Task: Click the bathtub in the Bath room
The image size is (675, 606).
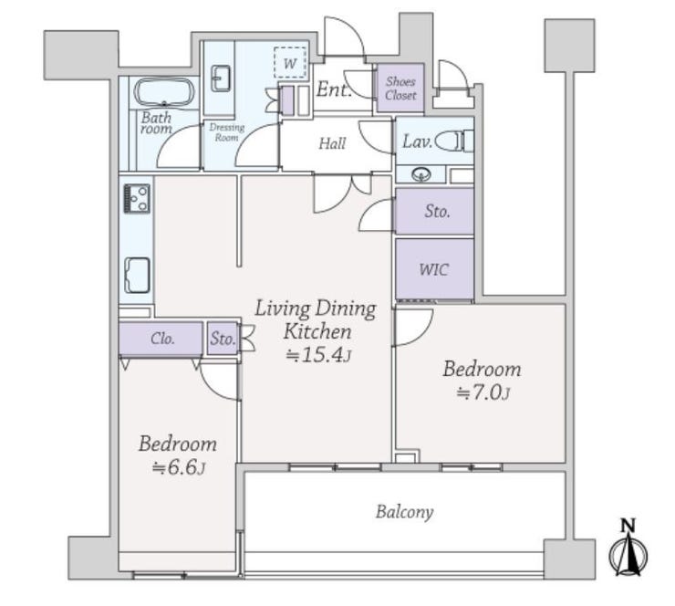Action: [164, 92]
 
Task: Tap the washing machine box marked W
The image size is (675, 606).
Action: [290, 63]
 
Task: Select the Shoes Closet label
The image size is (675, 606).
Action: [400, 89]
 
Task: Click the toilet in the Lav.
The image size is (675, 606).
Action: [454, 141]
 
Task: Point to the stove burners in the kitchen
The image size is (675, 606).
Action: [137, 199]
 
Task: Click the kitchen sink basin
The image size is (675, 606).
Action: [138, 276]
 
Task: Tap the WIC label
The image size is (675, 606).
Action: [433, 269]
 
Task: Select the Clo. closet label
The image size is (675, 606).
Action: [162, 339]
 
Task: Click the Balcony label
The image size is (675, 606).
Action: [404, 512]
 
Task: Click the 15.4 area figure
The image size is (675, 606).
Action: [322, 354]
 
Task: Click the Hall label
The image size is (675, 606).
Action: [332, 143]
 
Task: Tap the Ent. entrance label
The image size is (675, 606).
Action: [334, 89]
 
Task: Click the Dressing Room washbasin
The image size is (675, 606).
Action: [221, 78]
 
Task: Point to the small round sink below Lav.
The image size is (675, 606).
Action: [421, 175]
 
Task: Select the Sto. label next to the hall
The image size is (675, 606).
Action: [437, 211]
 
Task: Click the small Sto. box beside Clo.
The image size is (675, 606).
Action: [223, 339]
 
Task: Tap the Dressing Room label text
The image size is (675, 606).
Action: [227, 132]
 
